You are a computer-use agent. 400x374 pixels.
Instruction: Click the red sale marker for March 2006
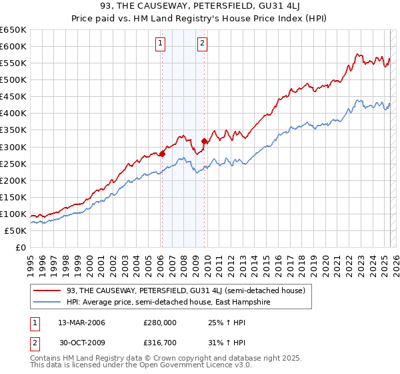pyautogui.click(x=162, y=153)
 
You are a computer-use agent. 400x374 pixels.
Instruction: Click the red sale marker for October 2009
pyautogui.click(x=205, y=141)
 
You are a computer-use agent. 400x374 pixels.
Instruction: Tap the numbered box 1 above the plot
pyautogui.click(x=161, y=45)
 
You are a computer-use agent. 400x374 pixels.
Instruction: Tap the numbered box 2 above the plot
pyautogui.click(x=202, y=45)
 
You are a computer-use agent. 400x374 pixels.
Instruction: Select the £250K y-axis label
pyautogui.click(x=13, y=164)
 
